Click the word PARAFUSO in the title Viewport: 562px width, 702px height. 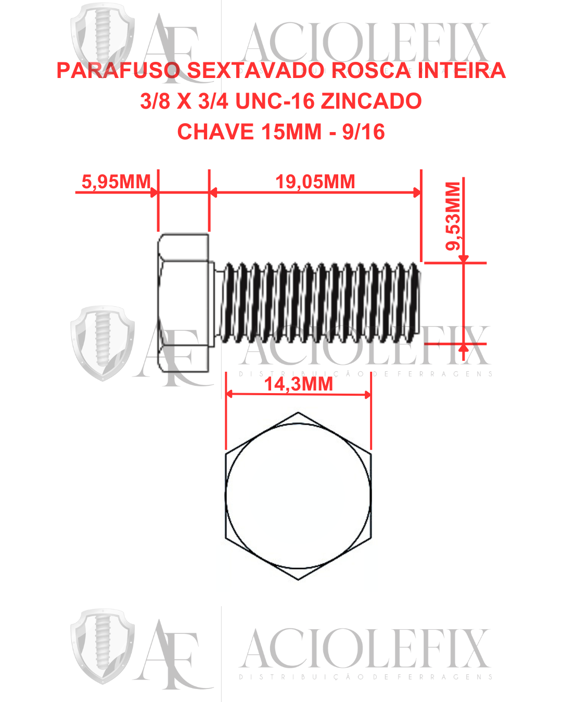pos(118,71)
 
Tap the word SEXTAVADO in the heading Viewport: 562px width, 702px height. pos(255,71)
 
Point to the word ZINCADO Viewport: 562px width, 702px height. pos(371,101)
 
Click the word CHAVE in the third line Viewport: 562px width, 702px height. pos(215,132)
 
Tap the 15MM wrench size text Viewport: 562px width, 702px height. pos(291,132)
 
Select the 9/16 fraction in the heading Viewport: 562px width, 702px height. pos(363,132)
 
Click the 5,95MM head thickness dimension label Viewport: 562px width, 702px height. pos(116,182)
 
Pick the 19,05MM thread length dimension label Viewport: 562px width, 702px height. pos(315,182)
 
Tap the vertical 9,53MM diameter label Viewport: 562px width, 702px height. pos(453,216)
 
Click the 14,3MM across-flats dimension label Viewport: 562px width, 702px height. pos(298,384)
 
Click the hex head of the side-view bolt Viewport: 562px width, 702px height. pos(183,303)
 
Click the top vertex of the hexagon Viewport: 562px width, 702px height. pos(298,413)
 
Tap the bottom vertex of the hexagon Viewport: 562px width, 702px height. pos(298,579)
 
